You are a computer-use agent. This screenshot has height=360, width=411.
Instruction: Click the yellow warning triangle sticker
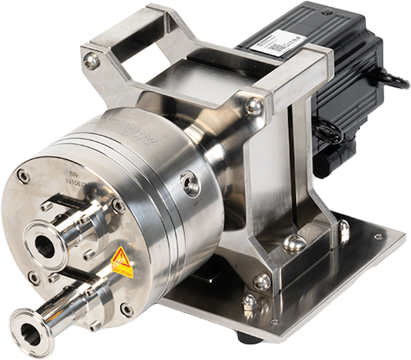[119, 257]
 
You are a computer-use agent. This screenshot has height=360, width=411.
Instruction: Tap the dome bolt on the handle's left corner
[91, 61]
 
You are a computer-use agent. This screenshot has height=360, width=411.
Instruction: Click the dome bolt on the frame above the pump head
[254, 106]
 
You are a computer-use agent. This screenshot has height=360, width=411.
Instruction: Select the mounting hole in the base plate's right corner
[378, 235]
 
